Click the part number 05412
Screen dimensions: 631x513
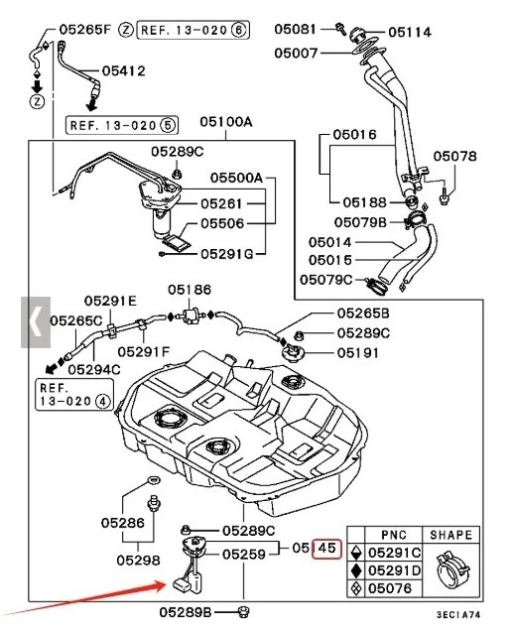pos(124,71)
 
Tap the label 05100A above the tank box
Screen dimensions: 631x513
pos(226,122)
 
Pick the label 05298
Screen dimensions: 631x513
pos(137,560)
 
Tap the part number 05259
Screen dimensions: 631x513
pos(244,555)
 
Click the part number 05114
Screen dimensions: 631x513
pos(410,32)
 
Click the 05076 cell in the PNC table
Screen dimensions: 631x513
pos(395,589)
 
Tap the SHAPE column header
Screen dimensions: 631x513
pos(452,535)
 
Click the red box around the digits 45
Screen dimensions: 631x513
pos(327,548)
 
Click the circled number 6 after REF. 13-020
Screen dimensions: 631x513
pos(238,31)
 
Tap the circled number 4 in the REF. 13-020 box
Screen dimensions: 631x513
pos(102,403)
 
